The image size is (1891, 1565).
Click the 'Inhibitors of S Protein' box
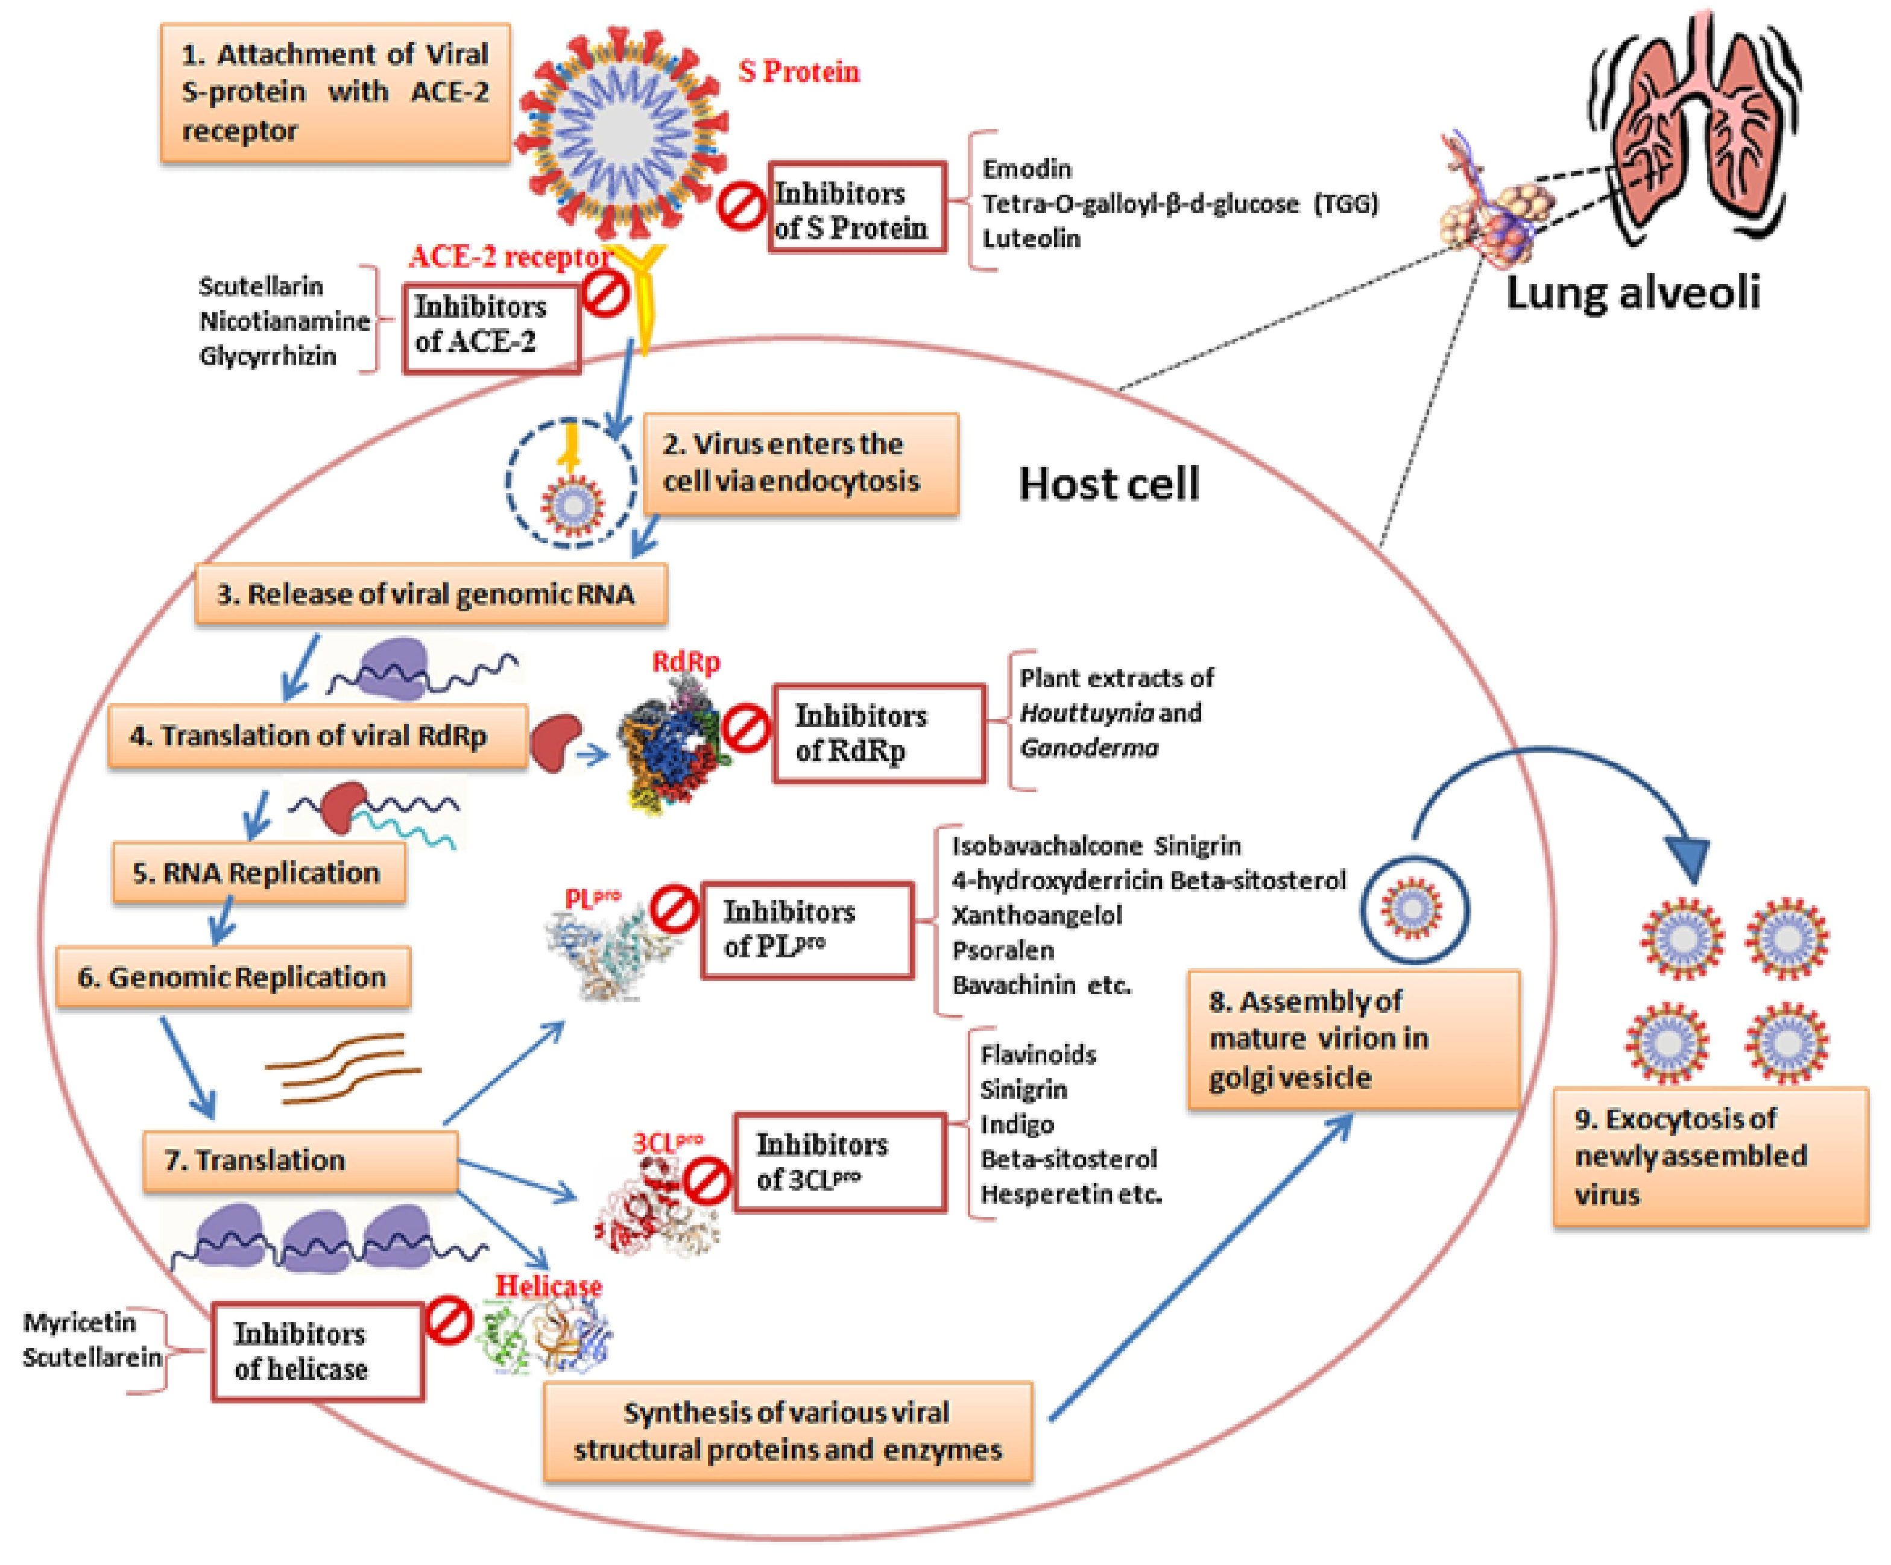[x=856, y=207]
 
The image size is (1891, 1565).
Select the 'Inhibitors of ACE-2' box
[x=491, y=329]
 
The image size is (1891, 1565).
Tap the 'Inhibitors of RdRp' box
[x=879, y=733]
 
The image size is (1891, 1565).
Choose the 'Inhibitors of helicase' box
[x=318, y=1351]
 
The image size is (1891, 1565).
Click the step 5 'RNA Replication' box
[x=259, y=872]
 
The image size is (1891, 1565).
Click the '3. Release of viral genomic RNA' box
[x=431, y=593]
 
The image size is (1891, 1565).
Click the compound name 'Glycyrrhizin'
[x=268, y=356]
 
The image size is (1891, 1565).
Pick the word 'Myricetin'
[x=79, y=1323]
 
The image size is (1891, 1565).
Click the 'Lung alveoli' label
[x=1632, y=292]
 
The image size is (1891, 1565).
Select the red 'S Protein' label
[x=799, y=71]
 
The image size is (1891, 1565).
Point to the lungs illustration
[x=1693, y=126]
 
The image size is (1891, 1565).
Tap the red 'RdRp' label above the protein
[x=686, y=662]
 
